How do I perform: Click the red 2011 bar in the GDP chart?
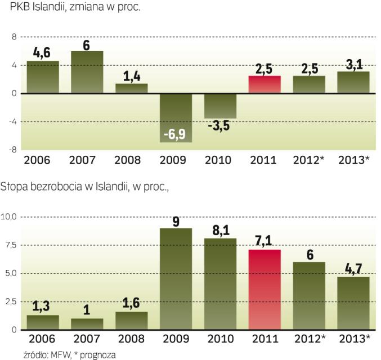click(265, 84)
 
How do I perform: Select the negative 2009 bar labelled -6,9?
click(176, 118)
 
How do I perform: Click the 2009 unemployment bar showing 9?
click(176, 278)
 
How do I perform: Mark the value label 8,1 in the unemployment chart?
click(220, 231)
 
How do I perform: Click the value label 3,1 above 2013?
click(353, 64)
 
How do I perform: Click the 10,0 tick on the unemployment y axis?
click(11, 217)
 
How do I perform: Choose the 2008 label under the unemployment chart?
click(131, 339)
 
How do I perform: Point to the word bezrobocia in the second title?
click(52, 187)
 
